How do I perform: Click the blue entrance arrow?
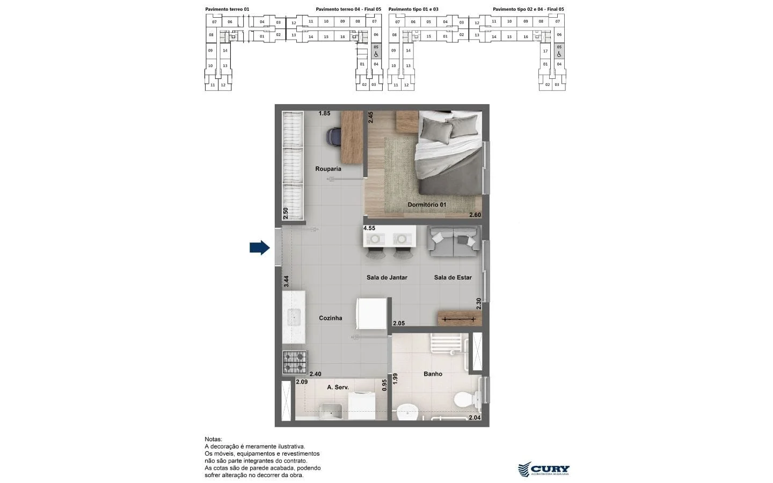tap(259, 247)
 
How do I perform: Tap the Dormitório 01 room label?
tap(427, 204)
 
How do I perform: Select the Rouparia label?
tap(328, 169)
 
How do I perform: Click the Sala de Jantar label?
tap(386, 277)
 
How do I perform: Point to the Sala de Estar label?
tap(453, 277)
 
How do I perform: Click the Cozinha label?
tap(330, 318)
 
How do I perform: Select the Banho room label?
tap(433, 374)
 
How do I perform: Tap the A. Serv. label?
tap(338, 387)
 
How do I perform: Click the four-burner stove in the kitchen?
tap(295, 362)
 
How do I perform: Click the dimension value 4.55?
tap(369, 228)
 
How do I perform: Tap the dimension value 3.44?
tap(286, 281)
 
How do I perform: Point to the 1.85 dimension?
tap(324, 113)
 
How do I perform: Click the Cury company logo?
tap(543, 469)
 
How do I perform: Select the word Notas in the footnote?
tap(213, 439)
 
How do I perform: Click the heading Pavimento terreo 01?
tap(227, 9)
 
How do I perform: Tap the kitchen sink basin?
tap(293, 317)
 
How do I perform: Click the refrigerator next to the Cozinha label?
tap(371, 313)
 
